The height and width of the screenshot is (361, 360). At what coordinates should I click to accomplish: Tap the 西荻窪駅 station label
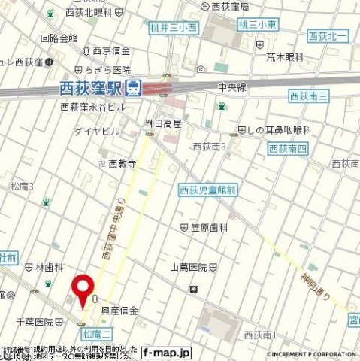(x=90, y=89)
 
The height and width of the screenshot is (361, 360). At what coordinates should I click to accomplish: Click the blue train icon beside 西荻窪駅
(x=133, y=88)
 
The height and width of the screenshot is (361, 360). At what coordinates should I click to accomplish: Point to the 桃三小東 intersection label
(x=258, y=25)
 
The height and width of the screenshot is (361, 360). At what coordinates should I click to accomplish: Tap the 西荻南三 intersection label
(x=309, y=96)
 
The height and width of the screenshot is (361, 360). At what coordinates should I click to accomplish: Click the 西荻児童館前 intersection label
(x=207, y=191)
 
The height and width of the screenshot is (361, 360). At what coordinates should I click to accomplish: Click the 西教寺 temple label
(x=121, y=163)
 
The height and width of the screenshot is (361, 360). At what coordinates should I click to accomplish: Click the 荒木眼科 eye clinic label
(x=283, y=56)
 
